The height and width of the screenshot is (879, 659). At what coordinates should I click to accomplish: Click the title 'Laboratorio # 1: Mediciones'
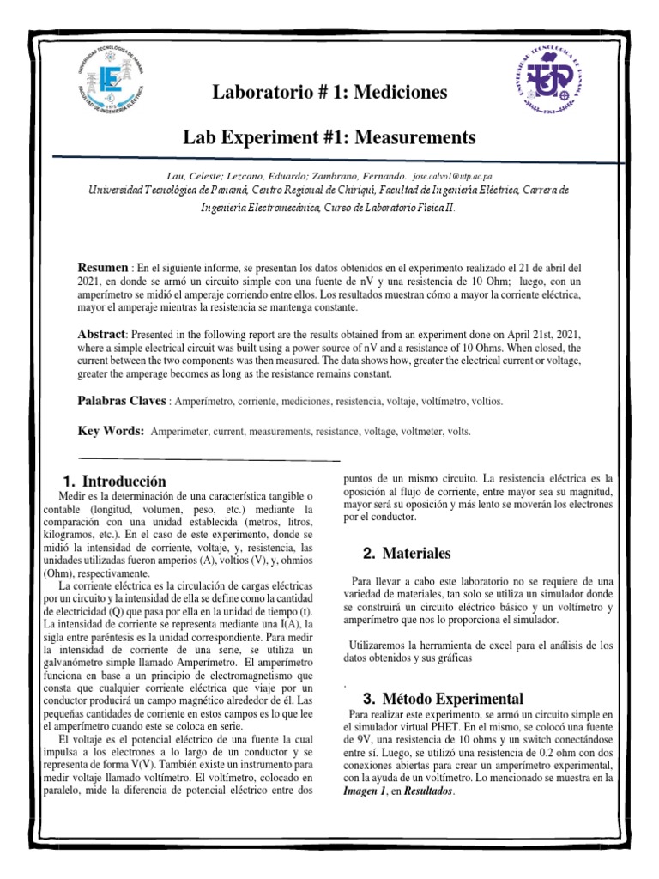(330, 93)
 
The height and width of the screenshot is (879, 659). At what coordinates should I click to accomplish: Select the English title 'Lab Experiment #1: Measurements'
(329, 136)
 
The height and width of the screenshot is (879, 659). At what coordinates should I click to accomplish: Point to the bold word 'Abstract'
(102, 333)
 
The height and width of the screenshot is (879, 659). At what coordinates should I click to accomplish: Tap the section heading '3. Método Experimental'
(443, 698)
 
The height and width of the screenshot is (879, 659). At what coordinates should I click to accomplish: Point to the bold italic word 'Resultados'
(420, 792)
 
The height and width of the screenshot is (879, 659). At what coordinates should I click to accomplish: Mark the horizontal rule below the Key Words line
(209, 459)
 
